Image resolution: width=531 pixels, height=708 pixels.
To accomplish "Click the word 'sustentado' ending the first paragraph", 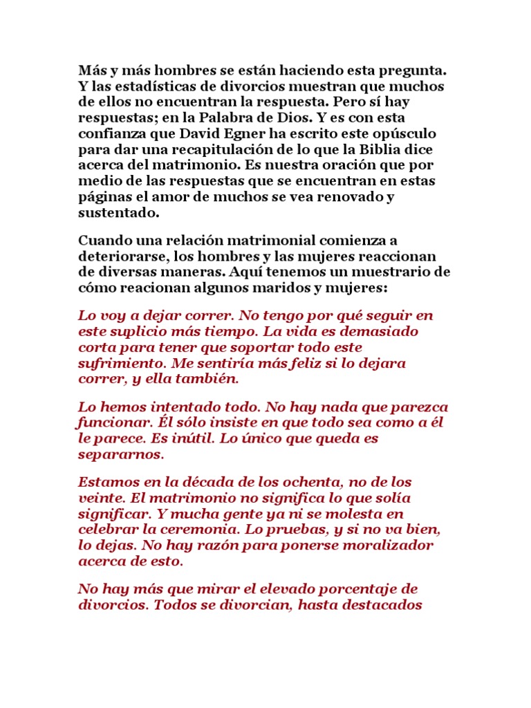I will [119, 212].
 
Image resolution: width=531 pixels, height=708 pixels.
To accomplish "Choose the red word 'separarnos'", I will [120, 454].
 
